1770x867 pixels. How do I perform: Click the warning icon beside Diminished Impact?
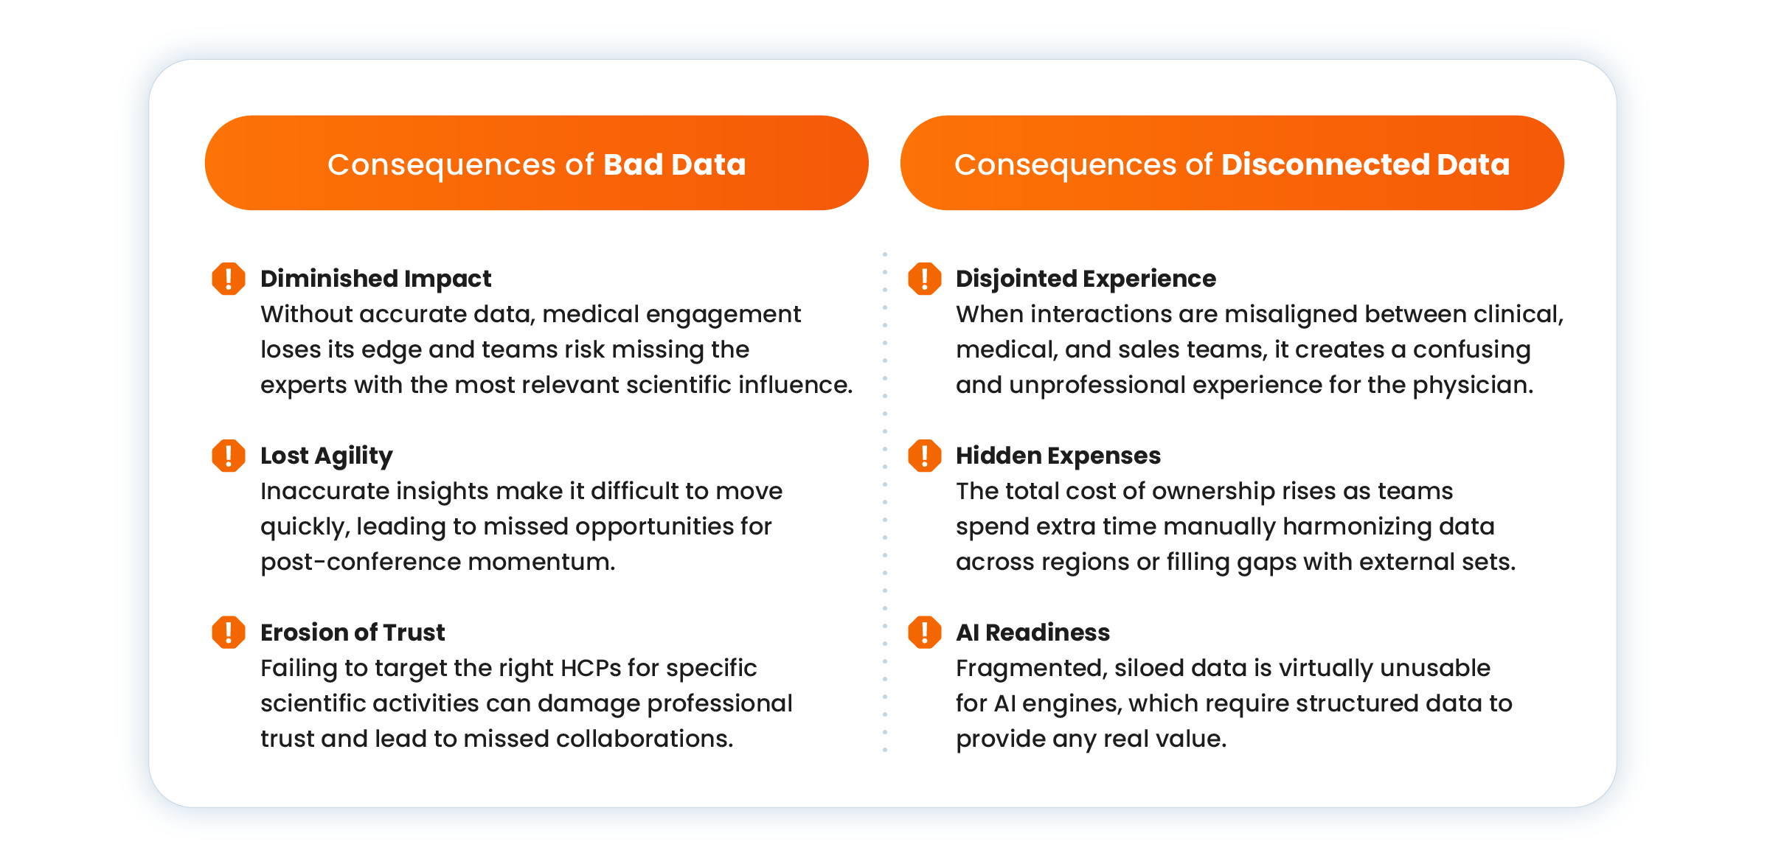(x=229, y=279)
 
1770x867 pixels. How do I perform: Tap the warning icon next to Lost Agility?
(x=229, y=456)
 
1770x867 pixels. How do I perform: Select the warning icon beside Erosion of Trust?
(x=229, y=633)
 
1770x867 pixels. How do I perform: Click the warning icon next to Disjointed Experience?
(x=924, y=279)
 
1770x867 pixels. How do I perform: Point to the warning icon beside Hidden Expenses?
(x=924, y=456)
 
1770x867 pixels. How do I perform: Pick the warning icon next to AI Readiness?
(x=924, y=633)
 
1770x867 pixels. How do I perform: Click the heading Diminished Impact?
(x=376, y=279)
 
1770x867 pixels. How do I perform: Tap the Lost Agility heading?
(x=327, y=456)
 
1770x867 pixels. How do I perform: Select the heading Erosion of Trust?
(x=353, y=633)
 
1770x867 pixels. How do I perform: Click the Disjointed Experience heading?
(x=1086, y=279)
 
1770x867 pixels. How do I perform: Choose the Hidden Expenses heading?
(x=1058, y=456)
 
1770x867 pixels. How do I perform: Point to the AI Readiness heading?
(x=1032, y=633)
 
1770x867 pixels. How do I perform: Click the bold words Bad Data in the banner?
(x=675, y=164)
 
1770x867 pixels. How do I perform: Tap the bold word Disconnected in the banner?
(x=1325, y=164)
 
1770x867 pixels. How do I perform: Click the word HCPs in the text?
(x=590, y=668)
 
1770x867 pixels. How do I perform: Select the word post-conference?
(x=361, y=563)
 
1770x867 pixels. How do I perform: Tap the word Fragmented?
(x=1031, y=669)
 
